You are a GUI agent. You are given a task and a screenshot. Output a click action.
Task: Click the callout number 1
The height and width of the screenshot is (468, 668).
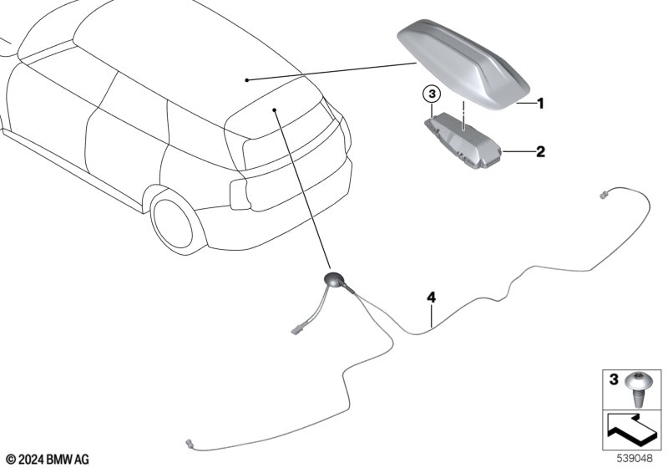540,104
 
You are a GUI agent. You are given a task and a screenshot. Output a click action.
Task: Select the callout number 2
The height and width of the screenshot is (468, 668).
540,152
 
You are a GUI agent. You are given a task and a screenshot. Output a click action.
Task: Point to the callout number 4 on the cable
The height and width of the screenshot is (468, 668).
431,298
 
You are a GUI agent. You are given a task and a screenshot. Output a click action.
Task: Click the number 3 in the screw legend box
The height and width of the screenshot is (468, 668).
612,379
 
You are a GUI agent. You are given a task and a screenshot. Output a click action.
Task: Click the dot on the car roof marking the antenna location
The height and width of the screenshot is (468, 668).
247,80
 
